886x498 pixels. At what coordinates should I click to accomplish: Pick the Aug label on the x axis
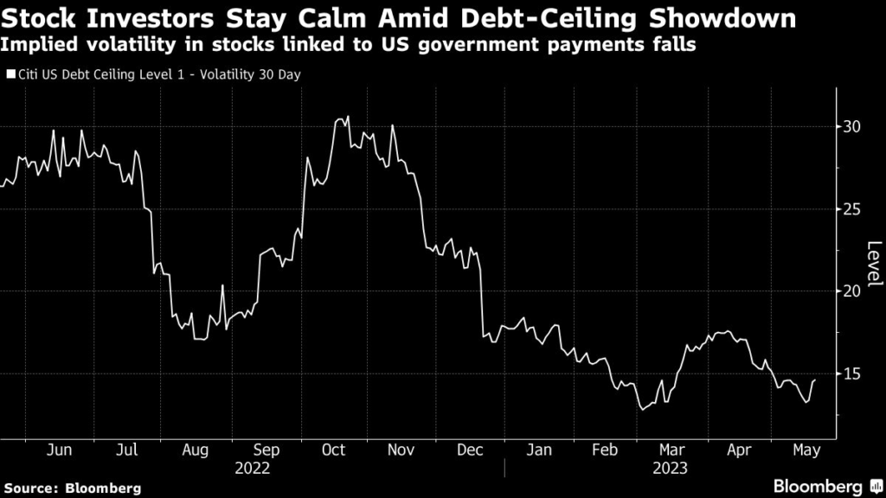coord(196,450)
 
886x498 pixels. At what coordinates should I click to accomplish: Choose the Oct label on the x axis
coord(333,450)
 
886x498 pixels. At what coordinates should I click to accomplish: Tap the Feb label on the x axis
coord(606,450)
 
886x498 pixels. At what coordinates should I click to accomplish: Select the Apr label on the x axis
coord(740,450)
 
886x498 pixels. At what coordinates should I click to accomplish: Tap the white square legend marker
coord(11,74)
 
